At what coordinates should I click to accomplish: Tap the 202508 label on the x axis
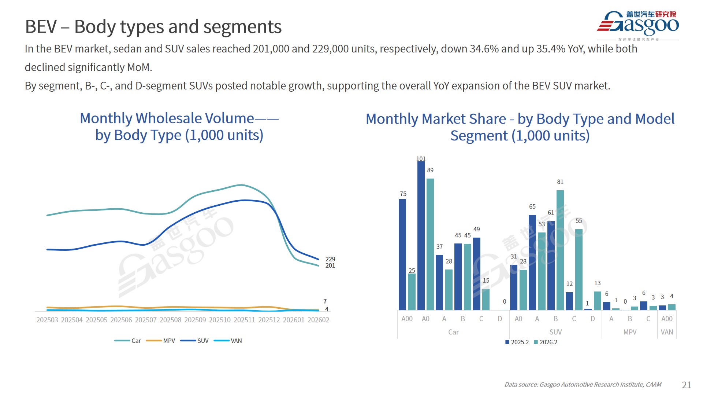point(170,320)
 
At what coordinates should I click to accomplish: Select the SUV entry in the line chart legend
point(202,341)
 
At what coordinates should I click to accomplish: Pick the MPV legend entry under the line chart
point(169,341)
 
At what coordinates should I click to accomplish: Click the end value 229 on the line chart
point(330,259)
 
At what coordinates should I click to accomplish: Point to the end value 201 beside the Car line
point(330,265)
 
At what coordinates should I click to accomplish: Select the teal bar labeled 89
point(430,244)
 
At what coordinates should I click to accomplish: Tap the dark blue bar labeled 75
point(402,254)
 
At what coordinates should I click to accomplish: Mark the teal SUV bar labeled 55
point(579,269)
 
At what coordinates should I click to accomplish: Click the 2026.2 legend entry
point(548,342)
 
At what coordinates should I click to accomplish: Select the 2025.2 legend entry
point(520,342)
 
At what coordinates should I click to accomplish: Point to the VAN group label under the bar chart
point(667,332)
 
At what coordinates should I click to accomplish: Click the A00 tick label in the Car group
point(407,319)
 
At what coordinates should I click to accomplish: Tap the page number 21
point(687,385)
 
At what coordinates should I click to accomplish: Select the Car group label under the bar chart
point(453,332)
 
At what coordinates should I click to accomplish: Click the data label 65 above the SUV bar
point(532,206)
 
